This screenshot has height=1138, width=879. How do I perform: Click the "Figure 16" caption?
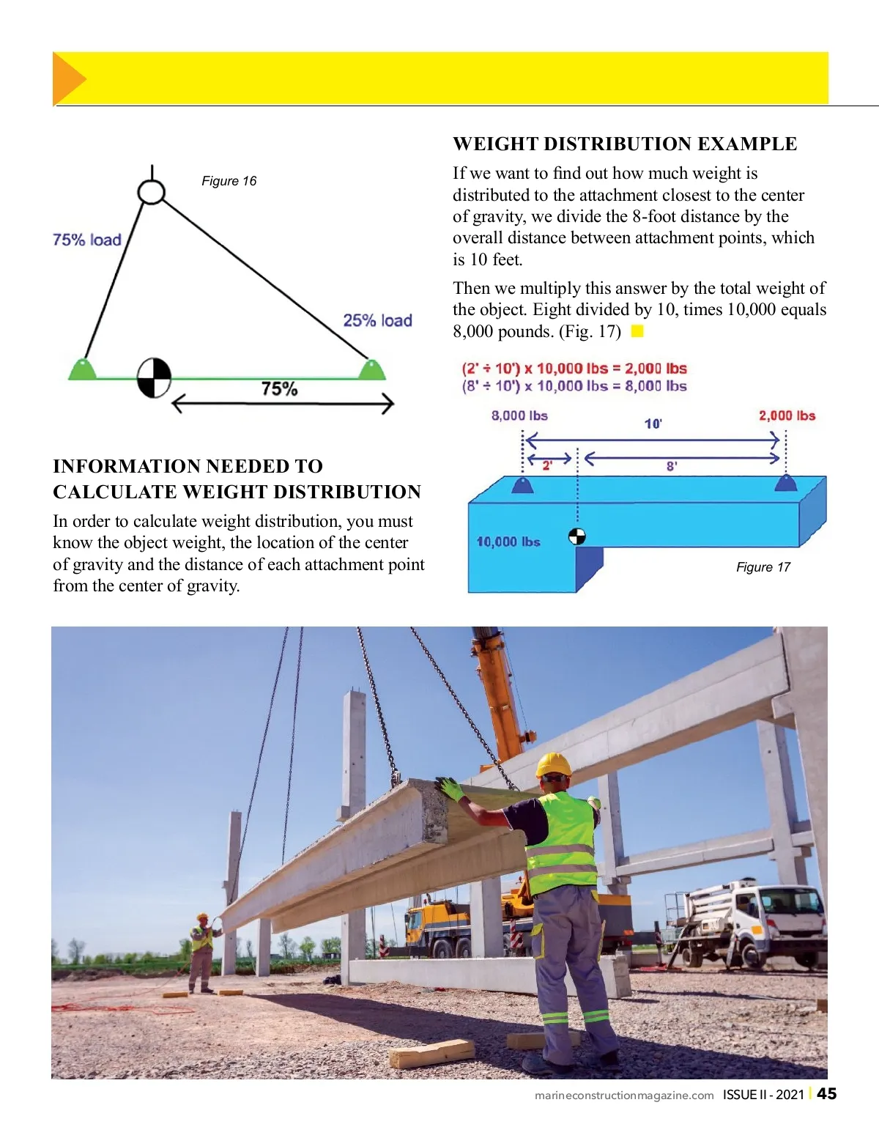[x=229, y=181]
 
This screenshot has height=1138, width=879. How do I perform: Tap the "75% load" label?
[x=86, y=240]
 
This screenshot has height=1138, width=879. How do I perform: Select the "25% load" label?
[x=377, y=320]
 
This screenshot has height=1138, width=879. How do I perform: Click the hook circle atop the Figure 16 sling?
[x=152, y=192]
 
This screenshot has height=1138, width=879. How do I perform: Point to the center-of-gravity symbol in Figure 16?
[x=154, y=378]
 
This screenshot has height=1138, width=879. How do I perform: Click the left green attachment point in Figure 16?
[x=83, y=369]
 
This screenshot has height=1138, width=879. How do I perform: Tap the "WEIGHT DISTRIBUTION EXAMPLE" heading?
[x=624, y=144]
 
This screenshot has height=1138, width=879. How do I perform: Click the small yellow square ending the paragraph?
[x=637, y=331]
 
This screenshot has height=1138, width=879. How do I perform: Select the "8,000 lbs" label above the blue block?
[x=519, y=415]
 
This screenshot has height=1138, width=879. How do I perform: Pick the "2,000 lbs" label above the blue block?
[x=787, y=415]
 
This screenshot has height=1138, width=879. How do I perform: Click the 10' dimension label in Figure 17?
[x=653, y=424]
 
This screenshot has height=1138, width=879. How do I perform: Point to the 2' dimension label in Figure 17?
[x=547, y=465]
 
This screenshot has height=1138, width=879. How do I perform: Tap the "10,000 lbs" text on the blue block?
[x=508, y=542]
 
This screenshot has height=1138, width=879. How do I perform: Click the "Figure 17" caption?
[x=763, y=567]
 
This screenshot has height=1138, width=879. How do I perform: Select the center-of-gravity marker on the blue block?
[x=577, y=537]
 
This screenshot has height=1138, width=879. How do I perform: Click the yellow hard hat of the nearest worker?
[x=553, y=765]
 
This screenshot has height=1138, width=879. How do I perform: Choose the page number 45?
[x=827, y=1094]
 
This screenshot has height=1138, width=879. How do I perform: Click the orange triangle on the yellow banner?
[x=68, y=78]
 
